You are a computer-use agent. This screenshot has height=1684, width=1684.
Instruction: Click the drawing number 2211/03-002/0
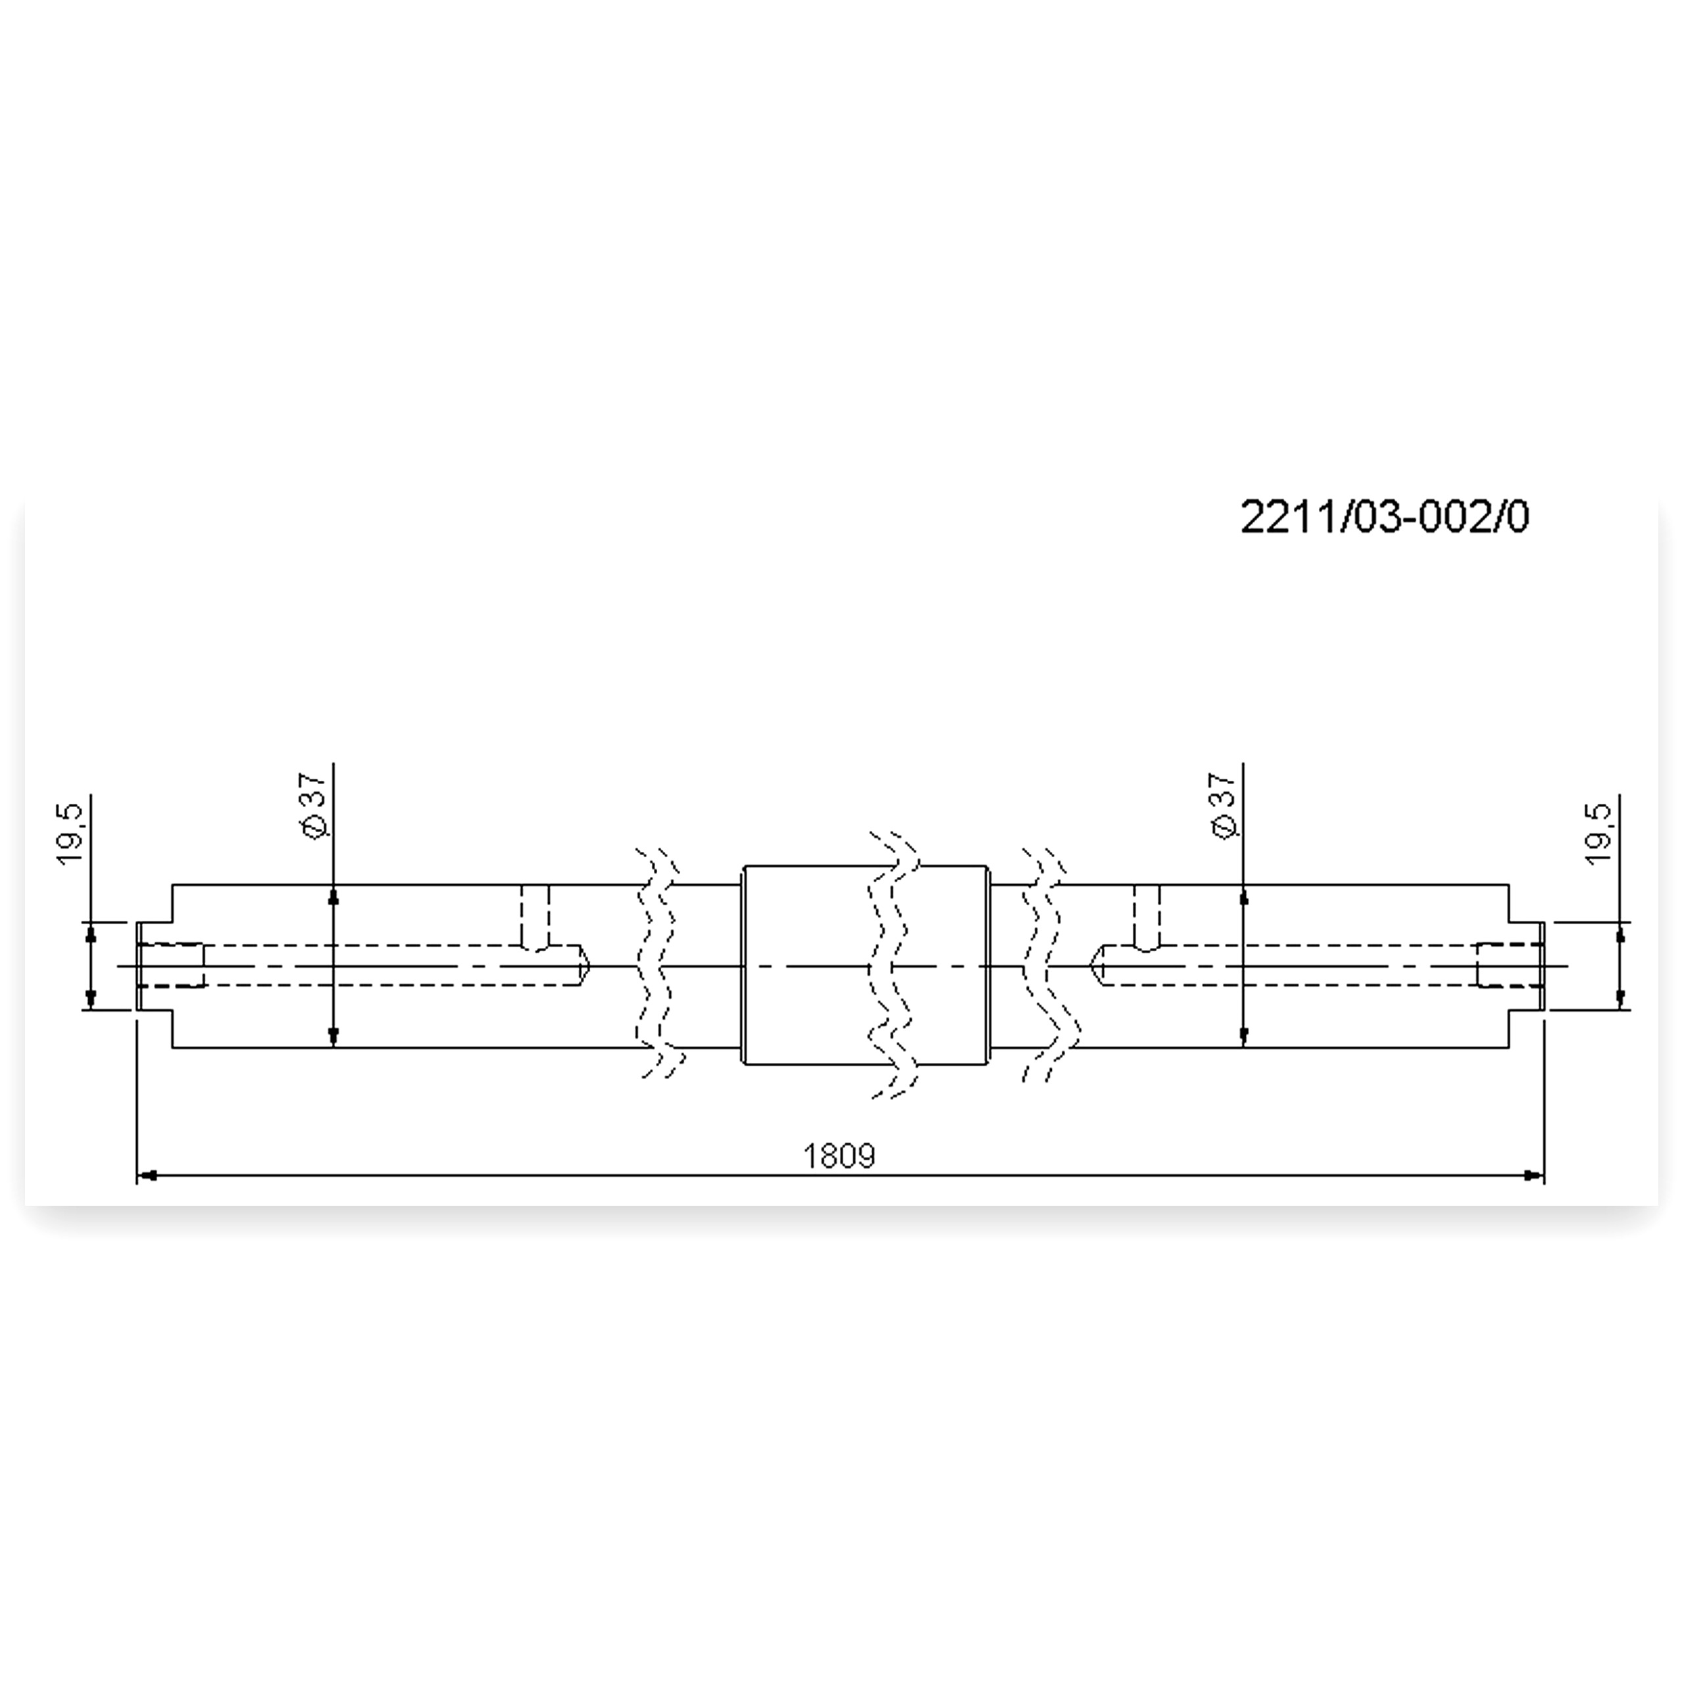pyautogui.click(x=1384, y=518)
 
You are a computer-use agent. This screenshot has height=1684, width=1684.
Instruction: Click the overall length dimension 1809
pyautogui.click(x=839, y=1156)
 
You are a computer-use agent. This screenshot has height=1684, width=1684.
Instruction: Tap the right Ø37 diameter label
pyautogui.click(x=1224, y=805)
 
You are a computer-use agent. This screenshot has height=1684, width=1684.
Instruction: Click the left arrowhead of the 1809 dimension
pyautogui.click(x=147, y=1176)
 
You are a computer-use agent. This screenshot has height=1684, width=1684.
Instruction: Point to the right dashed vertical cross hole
pyautogui.click(x=1148, y=918)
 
